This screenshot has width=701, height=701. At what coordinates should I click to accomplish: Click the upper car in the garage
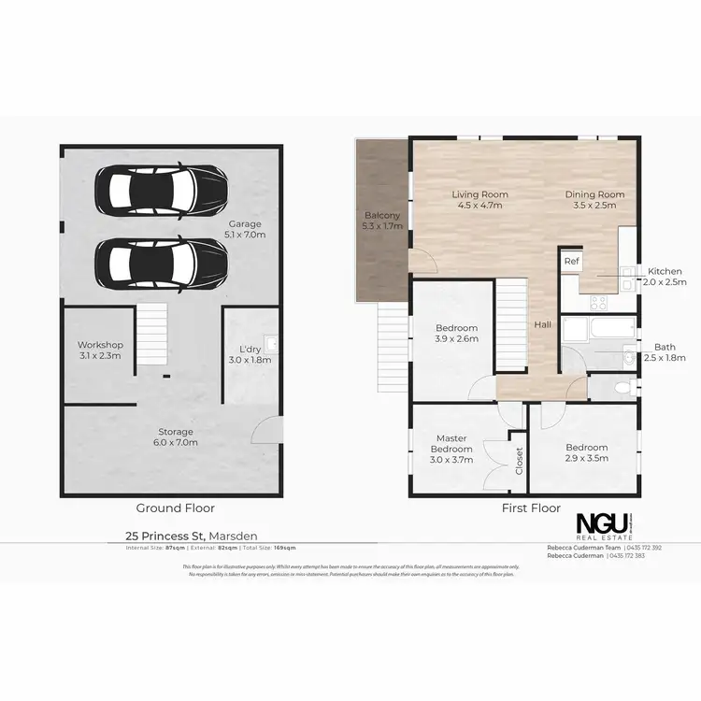click(161, 192)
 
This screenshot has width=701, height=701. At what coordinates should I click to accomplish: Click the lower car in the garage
click(161, 261)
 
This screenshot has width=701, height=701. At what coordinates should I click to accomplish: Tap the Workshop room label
click(100, 350)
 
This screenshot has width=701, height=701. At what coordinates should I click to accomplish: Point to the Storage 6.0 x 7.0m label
click(176, 436)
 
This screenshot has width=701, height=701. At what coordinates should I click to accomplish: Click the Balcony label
click(382, 221)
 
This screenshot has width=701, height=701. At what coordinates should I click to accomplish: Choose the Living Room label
click(478, 200)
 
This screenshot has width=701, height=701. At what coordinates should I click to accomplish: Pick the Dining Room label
click(594, 200)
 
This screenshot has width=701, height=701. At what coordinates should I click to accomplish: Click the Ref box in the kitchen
click(570, 263)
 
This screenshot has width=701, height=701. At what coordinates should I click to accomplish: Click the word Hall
click(542, 324)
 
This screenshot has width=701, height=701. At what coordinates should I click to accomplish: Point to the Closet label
click(519, 460)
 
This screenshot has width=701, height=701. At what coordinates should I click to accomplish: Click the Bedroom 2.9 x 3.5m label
click(586, 453)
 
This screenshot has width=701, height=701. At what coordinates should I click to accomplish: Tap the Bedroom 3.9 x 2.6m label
click(457, 334)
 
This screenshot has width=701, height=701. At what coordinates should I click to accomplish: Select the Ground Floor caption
click(176, 508)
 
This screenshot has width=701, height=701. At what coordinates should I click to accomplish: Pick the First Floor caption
click(531, 508)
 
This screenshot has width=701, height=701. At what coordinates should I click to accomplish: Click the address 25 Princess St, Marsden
click(192, 536)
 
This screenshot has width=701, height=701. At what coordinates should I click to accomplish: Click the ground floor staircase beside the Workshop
click(152, 335)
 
